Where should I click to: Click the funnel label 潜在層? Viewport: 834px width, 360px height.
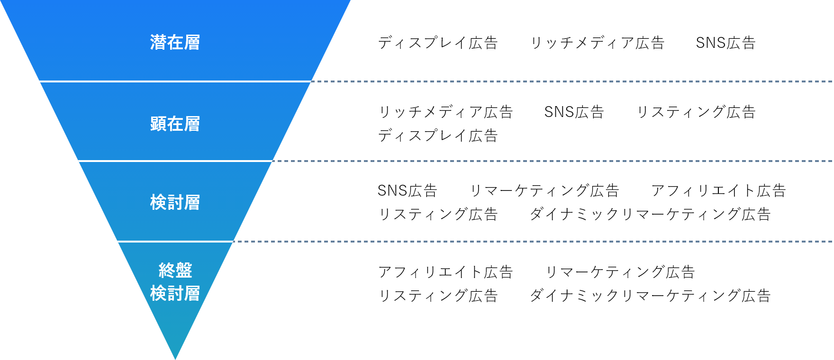click(x=175, y=43)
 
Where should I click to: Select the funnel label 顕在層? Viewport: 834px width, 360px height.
click(x=175, y=124)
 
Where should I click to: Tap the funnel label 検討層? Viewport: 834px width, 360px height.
click(x=175, y=203)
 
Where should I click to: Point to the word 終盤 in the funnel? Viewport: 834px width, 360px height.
click(x=175, y=270)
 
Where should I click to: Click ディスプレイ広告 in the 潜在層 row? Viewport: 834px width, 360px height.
click(x=438, y=43)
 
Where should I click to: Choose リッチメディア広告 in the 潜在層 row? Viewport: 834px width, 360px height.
click(x=597, y=43)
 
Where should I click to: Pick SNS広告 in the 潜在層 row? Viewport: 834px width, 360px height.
click(x=725, y=43)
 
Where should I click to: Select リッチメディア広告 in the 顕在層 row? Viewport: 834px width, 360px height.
click(x=446, y=112)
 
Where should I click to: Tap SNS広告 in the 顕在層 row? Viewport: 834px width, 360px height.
click(x=574, y=112)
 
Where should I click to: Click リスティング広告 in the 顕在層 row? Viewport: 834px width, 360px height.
click(x=696, y=112)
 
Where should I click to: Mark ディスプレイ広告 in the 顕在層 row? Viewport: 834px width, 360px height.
click(x=438, y=135)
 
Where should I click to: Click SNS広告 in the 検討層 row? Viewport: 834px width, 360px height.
click(x=407, y=190)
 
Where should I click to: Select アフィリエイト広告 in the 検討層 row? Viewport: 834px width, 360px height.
click(x=719, y=190)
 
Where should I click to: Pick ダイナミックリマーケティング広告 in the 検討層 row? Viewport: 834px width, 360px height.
click(x=650, y=214)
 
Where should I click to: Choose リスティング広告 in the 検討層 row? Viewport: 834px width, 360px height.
click(x=438, y=214)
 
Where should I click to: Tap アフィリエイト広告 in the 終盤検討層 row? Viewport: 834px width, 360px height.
click(x=446, y=272)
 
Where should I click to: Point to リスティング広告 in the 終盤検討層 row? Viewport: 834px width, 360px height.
click(x=438, y=296)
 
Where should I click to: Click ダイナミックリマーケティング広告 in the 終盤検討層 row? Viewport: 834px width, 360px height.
click(x=650, y=296)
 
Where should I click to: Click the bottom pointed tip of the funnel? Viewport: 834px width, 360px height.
click(x=175, y=359)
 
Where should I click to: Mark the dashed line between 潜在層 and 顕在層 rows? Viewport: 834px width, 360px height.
click(x=571, y=81)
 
